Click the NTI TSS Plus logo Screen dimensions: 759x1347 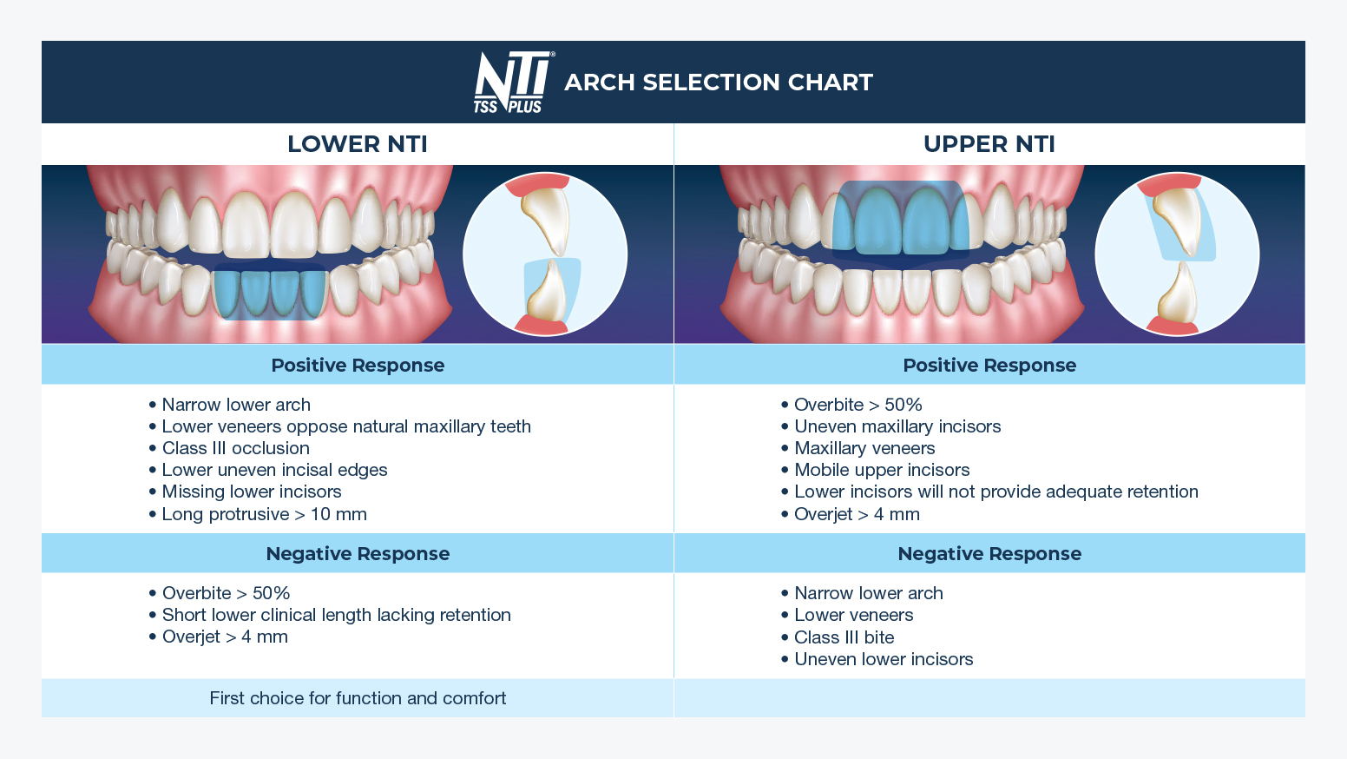point(512,82)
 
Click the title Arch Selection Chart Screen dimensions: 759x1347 point(718,82)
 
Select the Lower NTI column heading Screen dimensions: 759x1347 point(358,144)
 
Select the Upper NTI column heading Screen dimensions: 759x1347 point(989,144)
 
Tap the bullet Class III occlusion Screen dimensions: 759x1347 point(235,448)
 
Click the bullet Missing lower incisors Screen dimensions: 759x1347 point(251,492)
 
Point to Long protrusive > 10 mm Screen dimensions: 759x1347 point(264,514)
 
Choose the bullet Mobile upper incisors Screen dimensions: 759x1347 point(881,470)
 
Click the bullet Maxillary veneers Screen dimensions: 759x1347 point(864,448)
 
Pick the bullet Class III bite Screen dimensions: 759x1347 point(844,637)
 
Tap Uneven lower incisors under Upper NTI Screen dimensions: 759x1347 point(883,659)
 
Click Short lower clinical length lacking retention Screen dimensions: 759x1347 point(336,615)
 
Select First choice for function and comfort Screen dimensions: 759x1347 point(358,698)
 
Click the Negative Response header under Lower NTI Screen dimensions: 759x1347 point(358,554)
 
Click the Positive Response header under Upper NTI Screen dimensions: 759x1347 point(989,366)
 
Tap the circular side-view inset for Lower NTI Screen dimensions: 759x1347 point(545,254)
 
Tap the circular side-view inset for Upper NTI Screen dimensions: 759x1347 point(1177,254)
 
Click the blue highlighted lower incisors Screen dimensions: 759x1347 point(270,294)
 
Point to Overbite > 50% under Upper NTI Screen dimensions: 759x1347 point(857,405)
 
